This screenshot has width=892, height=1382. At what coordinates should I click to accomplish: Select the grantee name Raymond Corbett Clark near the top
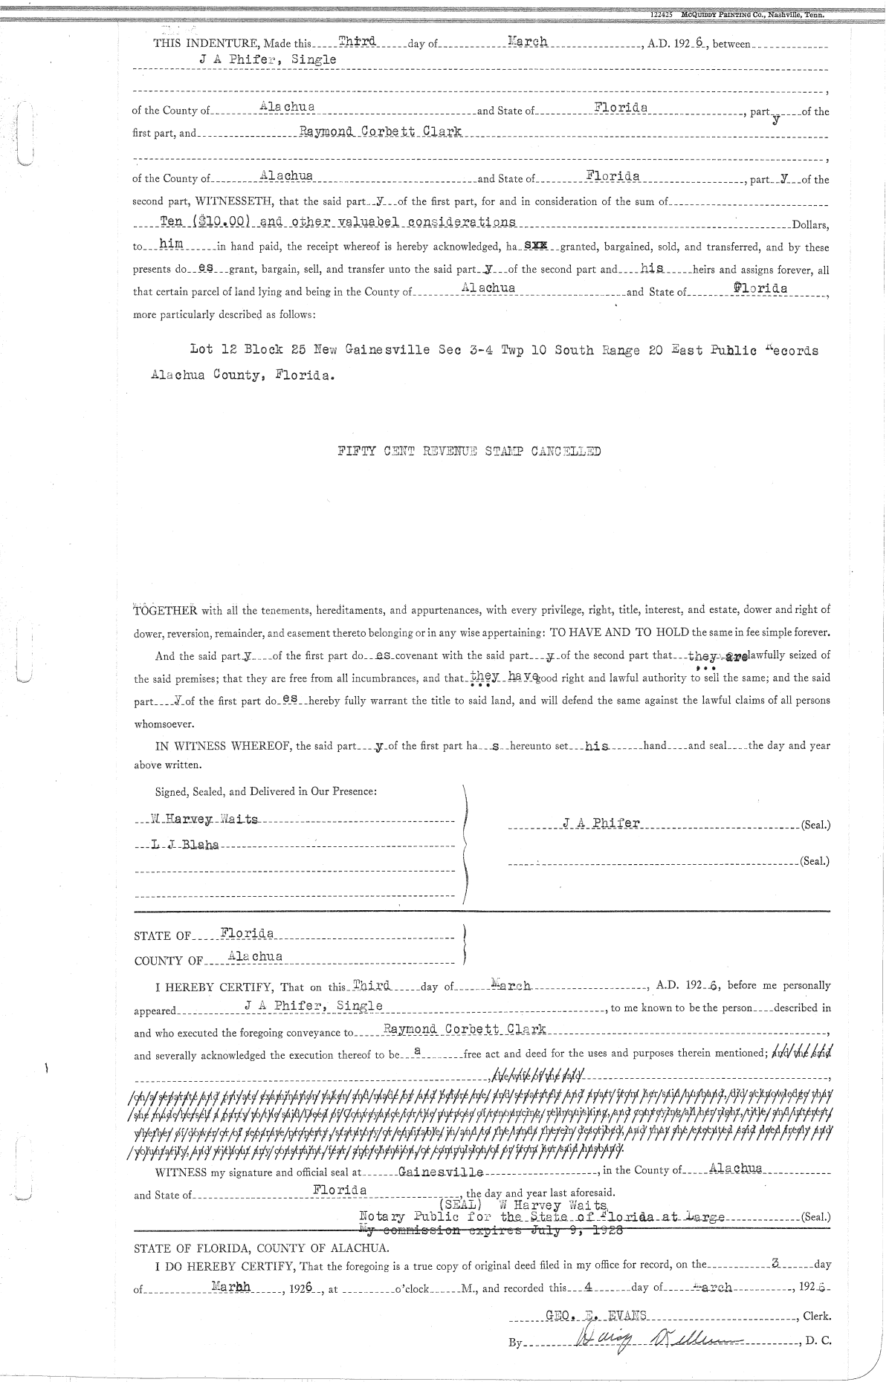click(380, 132)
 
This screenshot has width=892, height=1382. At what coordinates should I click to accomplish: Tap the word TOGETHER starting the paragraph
click(164, 611)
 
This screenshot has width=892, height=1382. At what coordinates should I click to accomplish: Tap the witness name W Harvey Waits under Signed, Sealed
click(204, 820)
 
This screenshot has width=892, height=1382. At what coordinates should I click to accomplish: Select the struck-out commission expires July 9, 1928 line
click(491, 1230)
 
